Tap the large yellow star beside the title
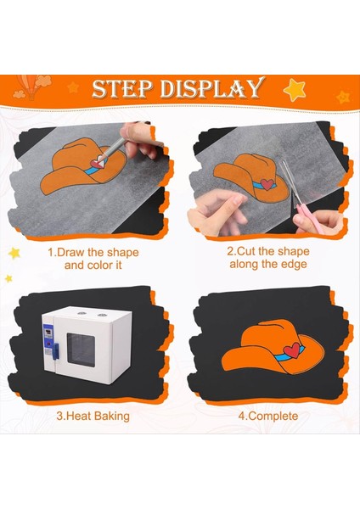[x=295, y=89]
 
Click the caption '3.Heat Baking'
[x=93, y=417]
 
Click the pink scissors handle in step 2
[x=303, y=222]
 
